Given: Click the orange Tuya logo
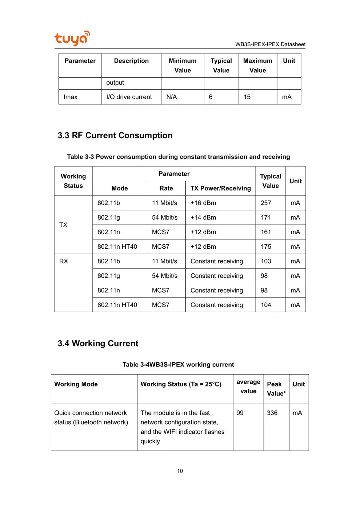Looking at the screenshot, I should pos(72,38).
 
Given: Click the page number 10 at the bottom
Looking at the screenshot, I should pos(180,471).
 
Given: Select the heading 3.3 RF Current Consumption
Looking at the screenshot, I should pos(115,135).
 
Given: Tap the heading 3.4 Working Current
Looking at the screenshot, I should pos(98,343).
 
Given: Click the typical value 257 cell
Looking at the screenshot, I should pos(266,203).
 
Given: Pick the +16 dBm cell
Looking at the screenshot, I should pos(203,203).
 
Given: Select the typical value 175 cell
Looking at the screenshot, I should pos(266,247).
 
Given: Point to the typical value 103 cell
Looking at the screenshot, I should pos(266,261).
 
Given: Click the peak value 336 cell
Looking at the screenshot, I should pos(272,413).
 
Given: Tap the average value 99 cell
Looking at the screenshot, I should pos(240,413).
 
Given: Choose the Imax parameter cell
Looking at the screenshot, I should pos(71,97).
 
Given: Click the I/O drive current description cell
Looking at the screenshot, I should pos(129,97).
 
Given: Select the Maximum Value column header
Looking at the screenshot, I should pos(257,65).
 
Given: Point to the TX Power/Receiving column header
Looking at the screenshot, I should pos(220,188).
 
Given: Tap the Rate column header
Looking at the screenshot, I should pos(166,188).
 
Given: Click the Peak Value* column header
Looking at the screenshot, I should pos(276,389).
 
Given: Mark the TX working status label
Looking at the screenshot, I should pos(63,225).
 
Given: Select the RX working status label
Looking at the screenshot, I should pos(64,261).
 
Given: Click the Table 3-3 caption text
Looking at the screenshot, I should pos(179,157).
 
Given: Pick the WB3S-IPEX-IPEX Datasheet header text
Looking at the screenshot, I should pos(270,44).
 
